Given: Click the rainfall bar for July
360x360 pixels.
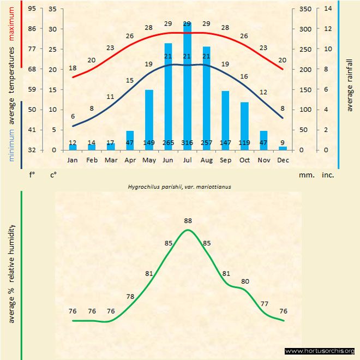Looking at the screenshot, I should tap(187, 87).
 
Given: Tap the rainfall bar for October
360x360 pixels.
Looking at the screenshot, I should tap(244, 126).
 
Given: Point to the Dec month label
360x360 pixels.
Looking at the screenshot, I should tap(283, 160).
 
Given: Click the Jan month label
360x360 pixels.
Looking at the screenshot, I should tap(73, 160).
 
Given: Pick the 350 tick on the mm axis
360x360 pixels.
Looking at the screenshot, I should tap(305, 9).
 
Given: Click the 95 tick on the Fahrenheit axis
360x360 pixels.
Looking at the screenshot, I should tap(33, 9).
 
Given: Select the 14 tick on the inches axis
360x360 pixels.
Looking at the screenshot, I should tap(328, 9).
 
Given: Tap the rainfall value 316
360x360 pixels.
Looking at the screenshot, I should tap(187, 143).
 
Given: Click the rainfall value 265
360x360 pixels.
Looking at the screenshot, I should tap(168, 143).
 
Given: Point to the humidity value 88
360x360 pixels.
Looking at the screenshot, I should tap(188, 221).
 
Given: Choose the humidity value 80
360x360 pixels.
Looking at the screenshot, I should tap(245, 281).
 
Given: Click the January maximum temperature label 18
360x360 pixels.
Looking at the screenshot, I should tap(73, 68).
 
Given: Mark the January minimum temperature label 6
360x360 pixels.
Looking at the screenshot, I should tap(73, 117).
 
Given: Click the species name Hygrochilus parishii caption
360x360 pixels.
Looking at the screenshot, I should tap(179, 187).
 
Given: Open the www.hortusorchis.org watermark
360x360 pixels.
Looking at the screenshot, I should tap(320, 351).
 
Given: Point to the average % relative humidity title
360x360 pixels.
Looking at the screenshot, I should tap(12, 273).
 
